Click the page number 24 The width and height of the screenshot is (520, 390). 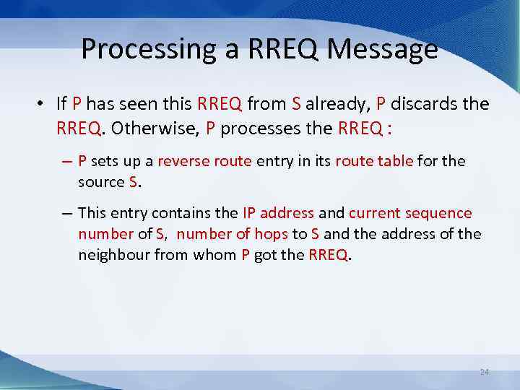pyautogui.click(x=484, y=371)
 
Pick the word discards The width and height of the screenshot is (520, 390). pyautogui.click(x=425, y=104)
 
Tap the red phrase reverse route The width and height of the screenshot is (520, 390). pyautogui.click(x=204, y=161)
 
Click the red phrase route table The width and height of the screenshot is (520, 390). pyautogui.click(x=375, y=161)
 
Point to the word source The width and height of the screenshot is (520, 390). pyautogui.click(x=101, y=181)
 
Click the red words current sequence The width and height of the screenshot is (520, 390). pyautogui.click(x=410, y=213)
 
